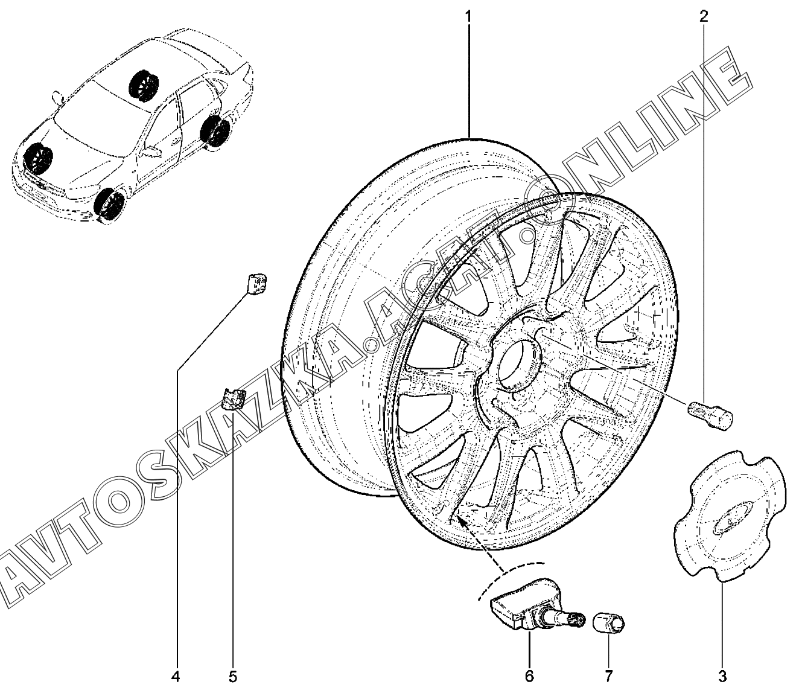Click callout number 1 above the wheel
[x=468, y=18]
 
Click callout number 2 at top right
[x=704, y=17]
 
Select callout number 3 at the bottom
[x=722, y=675]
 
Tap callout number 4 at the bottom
[x=176, y=676]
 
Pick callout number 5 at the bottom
[x=233, y=676]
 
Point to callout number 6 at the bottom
[x=529, y=675]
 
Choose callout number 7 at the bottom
[x=608, y=675]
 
